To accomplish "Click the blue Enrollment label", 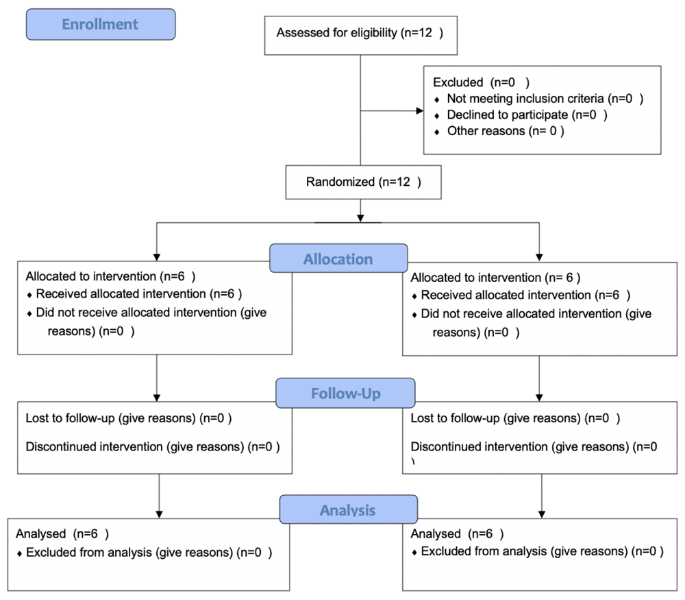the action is [x=101, y=25].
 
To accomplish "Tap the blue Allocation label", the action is [x=338, y=259].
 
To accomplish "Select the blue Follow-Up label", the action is [x=345, y=393].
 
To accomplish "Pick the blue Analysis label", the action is [x=349, y=509].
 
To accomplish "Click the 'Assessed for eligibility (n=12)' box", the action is [x=361, y=36].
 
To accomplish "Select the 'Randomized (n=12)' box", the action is [x=364, y=182].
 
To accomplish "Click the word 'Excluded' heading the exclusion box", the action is [x=458, y=82].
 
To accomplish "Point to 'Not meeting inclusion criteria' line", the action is [x=545, y=99].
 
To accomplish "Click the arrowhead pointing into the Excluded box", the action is [x=420, y=110].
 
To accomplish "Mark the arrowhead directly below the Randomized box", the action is [x=360, y=218].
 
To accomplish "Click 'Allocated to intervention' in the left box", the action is [x=91, y=276].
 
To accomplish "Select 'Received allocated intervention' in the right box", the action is [x=506, y=295].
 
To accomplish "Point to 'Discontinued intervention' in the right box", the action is [x=480, y=446].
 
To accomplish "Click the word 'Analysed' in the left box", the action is [x=40, y=534].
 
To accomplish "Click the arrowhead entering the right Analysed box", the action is [x=542, y=514].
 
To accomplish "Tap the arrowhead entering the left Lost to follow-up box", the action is [x=157, y=398].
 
